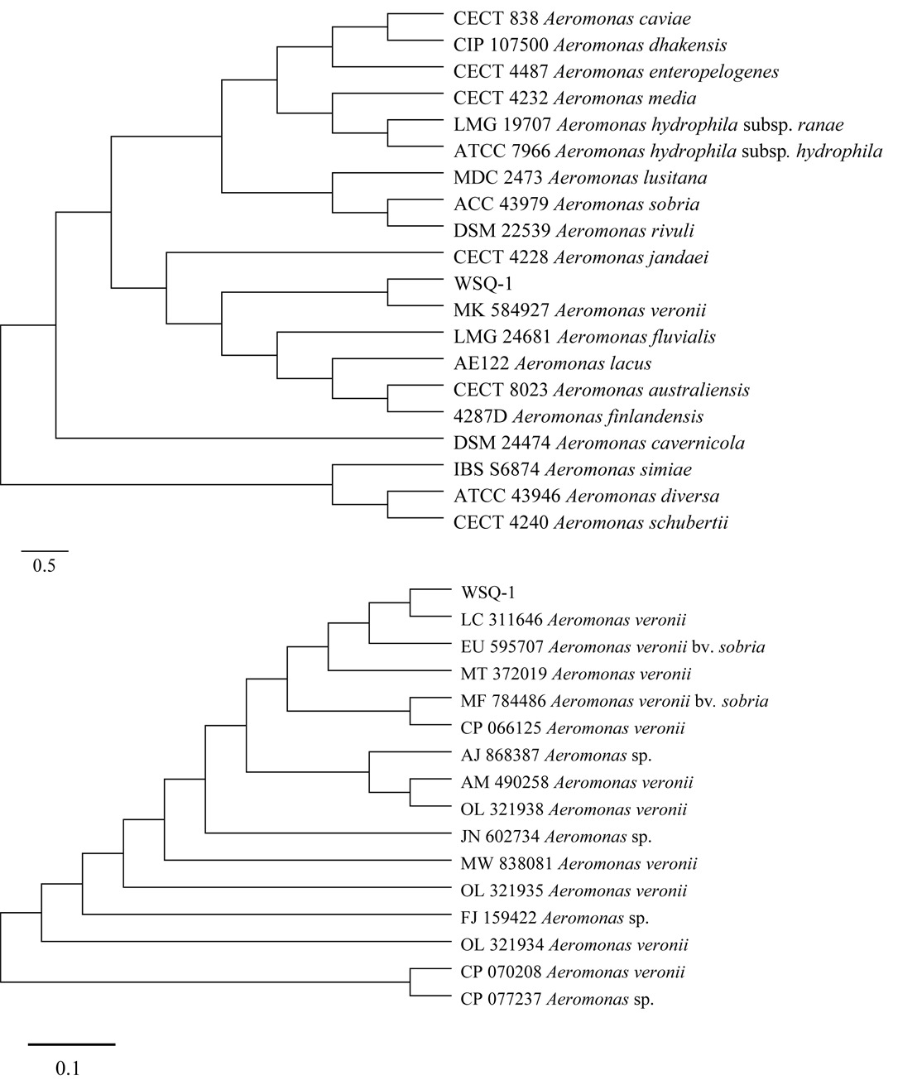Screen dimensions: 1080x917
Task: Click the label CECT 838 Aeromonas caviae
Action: pos(573,18)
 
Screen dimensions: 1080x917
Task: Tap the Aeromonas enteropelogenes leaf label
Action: pos(616,71)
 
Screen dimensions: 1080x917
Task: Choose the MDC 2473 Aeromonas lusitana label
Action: pos(580,178)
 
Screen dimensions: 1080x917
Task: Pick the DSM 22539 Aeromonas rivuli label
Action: pos(574,230)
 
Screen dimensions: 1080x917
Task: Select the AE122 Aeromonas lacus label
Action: pos(552,363)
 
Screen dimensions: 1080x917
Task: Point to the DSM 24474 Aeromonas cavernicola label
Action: pos(599,443)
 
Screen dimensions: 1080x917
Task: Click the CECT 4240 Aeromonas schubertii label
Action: pos(591,522)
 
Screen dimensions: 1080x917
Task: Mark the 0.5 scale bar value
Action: pos(44,567)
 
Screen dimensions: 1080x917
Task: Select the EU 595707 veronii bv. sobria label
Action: pos(612,646)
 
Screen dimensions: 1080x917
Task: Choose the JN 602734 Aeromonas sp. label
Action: pos(556,837)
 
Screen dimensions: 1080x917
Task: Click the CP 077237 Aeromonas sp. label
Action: pos(557,999)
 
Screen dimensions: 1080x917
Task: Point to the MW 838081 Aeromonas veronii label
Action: pos(579,864)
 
